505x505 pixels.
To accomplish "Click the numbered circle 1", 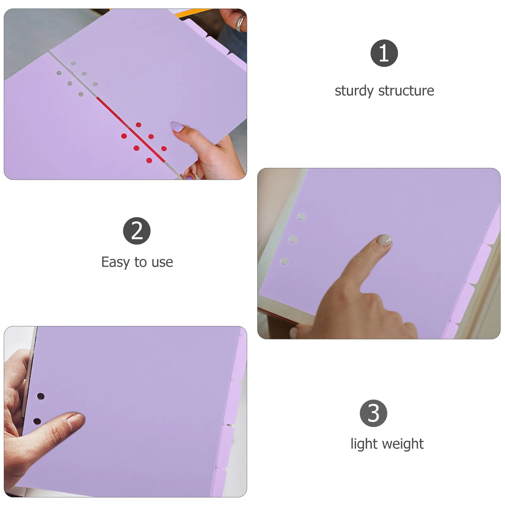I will tap(384, 53).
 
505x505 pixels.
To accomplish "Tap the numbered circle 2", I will tap(137, 231).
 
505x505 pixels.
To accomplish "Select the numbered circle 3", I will tap(373, 413).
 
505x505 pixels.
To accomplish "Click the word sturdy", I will tap(354, 91).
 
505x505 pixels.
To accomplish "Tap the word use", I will tap(162, 262).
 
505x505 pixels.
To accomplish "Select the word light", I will tap(364, 444).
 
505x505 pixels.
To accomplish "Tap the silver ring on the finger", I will tap(241, 23).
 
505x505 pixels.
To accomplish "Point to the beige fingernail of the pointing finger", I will tap(385, 241).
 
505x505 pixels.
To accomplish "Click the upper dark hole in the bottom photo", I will tap(40, 396).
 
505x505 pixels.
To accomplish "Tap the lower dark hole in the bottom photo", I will tap(37, 421).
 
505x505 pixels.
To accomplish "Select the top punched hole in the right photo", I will tap(302, 217).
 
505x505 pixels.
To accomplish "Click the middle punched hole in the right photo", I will tap(293, 240).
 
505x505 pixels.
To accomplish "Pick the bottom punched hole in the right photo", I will tap(284, 262).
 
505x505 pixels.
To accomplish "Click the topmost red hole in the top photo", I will tap(139, 125).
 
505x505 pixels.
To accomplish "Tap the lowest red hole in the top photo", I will tap(149, 161).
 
